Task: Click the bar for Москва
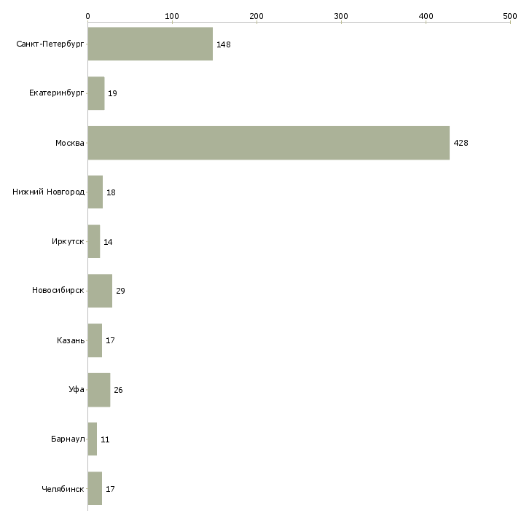click(268, 143)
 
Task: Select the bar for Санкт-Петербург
click(150, 44)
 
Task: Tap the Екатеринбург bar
click(96, 93)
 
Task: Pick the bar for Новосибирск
click(100, 291)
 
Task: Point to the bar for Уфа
click(98, 390)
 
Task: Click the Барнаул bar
click(93, 439)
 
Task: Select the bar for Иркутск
click(94, 242)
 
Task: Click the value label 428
click(461, 143)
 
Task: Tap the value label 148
click(223, 44)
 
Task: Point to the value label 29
click(120, 291)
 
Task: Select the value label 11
click(105, 439)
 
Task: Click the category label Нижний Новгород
click(48, 192)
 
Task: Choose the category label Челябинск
click(63, 489)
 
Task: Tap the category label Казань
click(71, 340)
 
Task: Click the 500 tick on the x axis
click(510, 15)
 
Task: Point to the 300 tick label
click(341, 15)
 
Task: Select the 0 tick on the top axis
click(87, 15)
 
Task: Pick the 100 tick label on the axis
click(172, 15)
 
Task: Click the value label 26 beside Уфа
click(118, 390)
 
